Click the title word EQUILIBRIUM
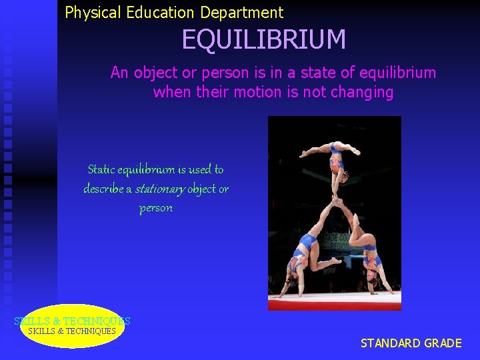[264, 40]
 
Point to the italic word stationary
[159, 189]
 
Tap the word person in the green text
[156, 208]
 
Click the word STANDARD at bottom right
[390, 343]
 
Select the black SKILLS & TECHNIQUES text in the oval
[72, 331]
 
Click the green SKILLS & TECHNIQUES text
[72, 321]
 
